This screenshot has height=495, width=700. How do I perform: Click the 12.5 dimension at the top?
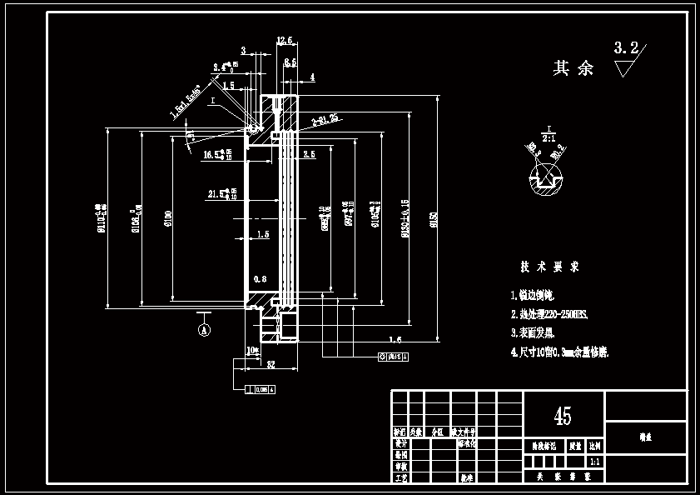tap(285, 40)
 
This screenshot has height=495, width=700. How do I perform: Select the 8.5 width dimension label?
tap(290, 62)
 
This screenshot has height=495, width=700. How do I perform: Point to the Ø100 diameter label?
tap(169, 218)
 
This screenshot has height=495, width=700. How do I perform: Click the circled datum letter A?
tap(203, 330)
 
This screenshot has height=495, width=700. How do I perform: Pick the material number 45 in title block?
tap(563, 416)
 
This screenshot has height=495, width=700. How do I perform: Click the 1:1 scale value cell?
tap(595, 461)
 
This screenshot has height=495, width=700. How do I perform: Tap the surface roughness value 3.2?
tap(626, 48)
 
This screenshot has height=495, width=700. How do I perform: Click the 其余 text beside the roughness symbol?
tap(573, 68)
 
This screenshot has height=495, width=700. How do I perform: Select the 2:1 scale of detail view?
tap(549, 136)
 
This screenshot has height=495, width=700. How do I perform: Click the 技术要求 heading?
tap(549, 267)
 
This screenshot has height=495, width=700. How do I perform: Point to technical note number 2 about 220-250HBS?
tap(549, 314)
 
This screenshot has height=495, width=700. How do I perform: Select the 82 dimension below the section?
tap(271, 364)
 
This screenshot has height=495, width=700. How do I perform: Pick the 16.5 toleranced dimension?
tap(218, 154)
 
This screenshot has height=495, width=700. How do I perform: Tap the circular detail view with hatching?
tap(546, 177)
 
